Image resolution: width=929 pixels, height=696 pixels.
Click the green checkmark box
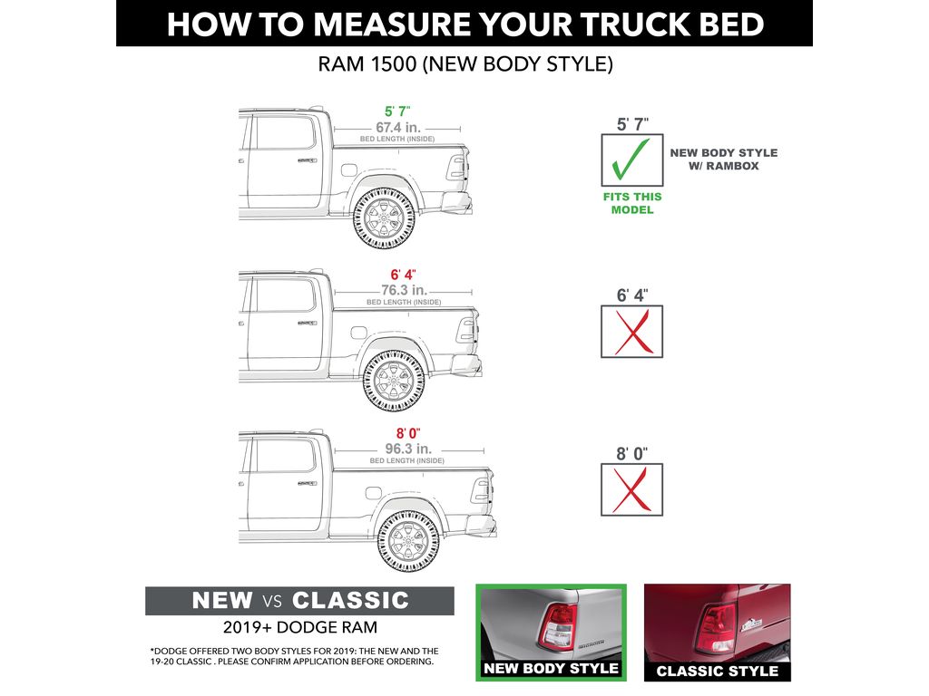tap(631, 160)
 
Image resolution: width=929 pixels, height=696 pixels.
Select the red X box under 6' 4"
tap(631, 332)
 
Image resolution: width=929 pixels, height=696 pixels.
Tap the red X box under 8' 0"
tap(631, 489)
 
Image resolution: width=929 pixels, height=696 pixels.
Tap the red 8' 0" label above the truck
tap(406, 433)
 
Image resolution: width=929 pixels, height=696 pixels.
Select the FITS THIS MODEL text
tap(632, 203)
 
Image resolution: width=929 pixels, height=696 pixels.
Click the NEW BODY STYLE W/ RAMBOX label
tap(723, 159)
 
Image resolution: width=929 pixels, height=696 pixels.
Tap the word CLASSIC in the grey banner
tap(350, 601)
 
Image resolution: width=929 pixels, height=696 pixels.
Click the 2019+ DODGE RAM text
tap(299, 627)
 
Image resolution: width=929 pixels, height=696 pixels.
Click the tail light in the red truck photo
tap(714, 628)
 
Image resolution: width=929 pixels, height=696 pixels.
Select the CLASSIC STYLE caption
tap(717, 671)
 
